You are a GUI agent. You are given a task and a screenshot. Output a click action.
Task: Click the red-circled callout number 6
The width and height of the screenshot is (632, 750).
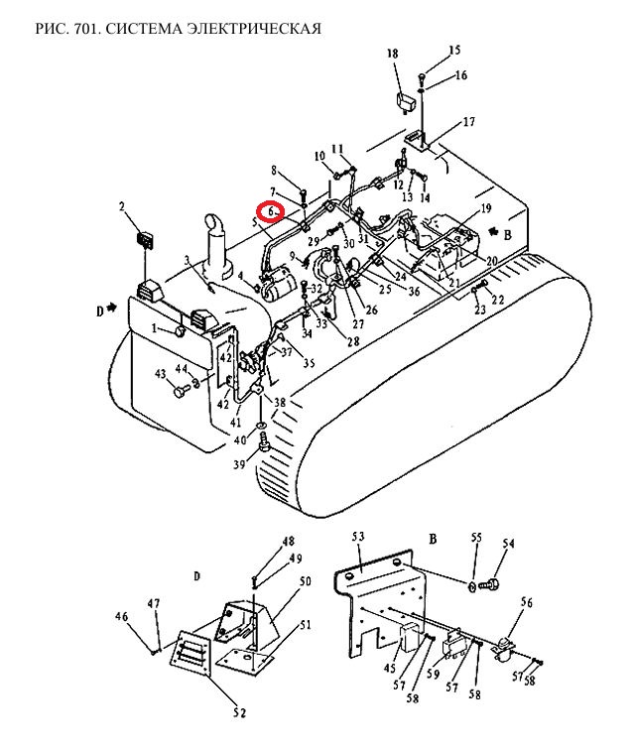point(271,211)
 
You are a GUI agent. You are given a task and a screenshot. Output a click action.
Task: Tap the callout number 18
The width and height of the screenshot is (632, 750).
point(392,54)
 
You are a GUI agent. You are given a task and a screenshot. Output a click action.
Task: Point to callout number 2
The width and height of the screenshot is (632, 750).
point(122,206)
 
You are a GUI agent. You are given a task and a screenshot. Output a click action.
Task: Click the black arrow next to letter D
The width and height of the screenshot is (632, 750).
point(112,309)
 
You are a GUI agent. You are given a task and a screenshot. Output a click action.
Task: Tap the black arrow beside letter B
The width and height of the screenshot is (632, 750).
point(492,231)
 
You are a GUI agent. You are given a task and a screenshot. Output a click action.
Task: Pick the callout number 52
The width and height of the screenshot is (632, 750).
point(240,712)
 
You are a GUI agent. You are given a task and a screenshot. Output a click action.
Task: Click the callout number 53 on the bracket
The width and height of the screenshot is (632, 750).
point(358,537)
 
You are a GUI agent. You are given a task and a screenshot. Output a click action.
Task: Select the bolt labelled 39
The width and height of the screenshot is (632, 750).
point(264,442)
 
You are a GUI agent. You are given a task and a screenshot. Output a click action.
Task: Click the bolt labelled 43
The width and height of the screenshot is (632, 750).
point(181,393)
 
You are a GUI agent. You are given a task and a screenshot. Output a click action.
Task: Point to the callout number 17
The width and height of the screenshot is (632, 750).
point(468,122)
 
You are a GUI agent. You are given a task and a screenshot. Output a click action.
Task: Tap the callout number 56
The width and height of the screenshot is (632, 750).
point(526,602)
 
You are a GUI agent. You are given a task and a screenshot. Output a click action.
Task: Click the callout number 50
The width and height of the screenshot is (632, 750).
point(305,580)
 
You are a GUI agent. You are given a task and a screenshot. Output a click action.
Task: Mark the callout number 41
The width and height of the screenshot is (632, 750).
point(235,423)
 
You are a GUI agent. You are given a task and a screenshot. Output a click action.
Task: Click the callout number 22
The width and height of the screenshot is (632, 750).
point(498,300)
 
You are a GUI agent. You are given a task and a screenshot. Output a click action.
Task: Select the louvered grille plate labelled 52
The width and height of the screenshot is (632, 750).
point(190,654)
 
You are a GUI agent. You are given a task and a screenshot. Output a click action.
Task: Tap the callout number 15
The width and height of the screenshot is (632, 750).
point(454,50)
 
